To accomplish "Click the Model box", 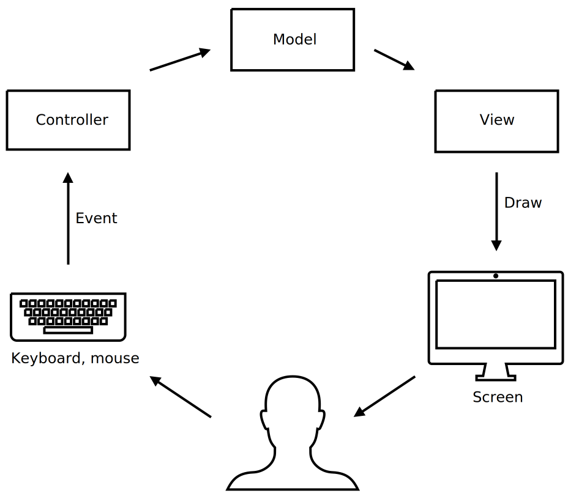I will (x=293, y=40).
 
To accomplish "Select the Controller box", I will (x=68, y=120).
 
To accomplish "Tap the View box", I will (x=496, y=120).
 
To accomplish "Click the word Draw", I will (x=523, y=202).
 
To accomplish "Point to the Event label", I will (x=96, y=218).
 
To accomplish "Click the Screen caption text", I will (x=498, y=397).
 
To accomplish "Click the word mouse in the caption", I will (x=114, y=358).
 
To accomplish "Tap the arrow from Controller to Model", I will (x=179, y=60).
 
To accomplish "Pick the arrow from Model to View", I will (x=394, y=60).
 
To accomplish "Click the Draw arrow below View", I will (x=496, y=211).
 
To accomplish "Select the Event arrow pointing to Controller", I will (x=68, y=218).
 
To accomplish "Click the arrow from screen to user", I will (x=384, y=397).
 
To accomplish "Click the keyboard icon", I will (x=68, y=316).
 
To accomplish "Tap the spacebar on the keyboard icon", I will (x=68, y=330).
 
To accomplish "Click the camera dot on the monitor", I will (x=496, y=276).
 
